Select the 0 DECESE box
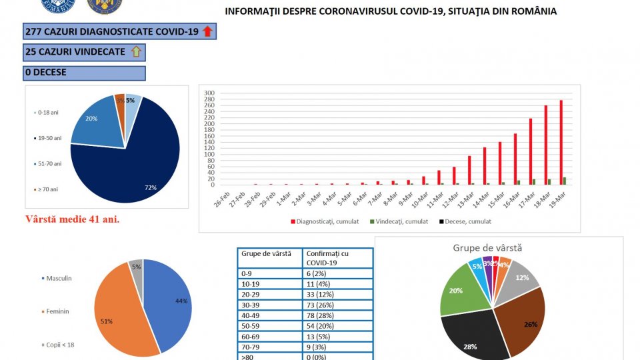(x=84, y=72)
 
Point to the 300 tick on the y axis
(x=209, y=93)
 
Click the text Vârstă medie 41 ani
(x=72, y=219)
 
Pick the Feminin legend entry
(x=58, y=311)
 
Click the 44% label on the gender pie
(x=181, y=301)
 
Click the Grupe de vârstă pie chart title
(x=487, y=247)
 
